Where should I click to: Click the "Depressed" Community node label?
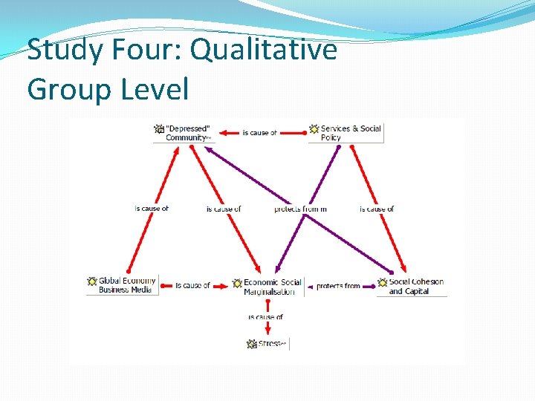187,133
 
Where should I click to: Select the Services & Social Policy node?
350,133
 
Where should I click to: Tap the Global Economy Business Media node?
126,285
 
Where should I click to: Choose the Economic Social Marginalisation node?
272,287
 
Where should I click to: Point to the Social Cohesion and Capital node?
415,286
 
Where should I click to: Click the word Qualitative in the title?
264,50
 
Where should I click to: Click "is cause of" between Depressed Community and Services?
259,133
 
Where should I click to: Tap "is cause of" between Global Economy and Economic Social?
192,285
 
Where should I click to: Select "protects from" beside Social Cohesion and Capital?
338,286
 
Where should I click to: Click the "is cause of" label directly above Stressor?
265,317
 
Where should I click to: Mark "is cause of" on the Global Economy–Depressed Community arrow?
152,209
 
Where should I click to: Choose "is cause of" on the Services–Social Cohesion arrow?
377,209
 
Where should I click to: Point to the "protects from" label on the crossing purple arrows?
300,209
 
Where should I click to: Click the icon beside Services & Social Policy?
314,129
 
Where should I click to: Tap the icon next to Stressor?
252,344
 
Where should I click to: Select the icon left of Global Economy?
92,281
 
